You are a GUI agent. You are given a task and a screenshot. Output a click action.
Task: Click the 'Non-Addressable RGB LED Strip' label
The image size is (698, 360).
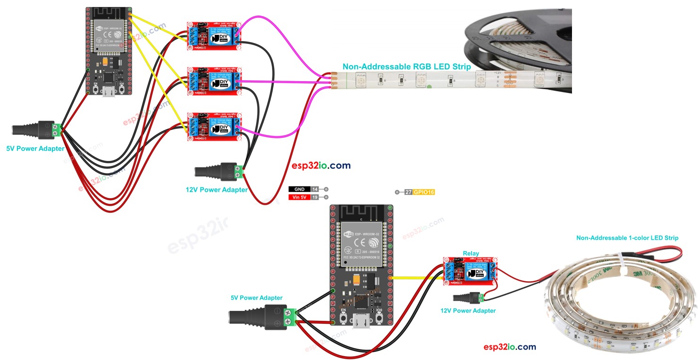coord(406,67)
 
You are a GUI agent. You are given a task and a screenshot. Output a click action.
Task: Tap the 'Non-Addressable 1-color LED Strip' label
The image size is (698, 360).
coord(627,238)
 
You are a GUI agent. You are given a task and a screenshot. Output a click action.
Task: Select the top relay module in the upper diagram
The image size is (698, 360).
coord(215,36)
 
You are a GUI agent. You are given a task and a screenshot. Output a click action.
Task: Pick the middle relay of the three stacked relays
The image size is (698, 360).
coord(215,81)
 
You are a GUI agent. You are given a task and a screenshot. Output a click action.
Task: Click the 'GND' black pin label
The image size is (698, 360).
coord(299,189)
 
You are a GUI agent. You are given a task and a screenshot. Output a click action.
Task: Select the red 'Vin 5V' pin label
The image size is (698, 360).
coord(299,197)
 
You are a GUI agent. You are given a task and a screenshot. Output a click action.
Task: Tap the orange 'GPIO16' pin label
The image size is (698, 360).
coord(424,193)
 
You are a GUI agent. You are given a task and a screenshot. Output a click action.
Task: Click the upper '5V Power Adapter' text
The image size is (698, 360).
coord(35,148)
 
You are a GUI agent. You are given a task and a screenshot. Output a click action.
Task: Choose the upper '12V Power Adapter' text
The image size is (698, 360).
coord(216,190)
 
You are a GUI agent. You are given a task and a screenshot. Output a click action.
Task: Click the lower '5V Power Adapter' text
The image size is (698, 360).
coord(256,298)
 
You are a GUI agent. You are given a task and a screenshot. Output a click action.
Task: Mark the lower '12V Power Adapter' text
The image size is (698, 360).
coord(468,310)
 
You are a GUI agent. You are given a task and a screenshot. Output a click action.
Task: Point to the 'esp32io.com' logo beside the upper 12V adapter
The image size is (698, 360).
coord(321,166)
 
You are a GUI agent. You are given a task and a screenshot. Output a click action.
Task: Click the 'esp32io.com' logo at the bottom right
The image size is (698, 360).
coord(510,347)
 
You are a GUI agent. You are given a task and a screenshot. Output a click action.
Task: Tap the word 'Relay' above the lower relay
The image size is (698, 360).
coord(471,253)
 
